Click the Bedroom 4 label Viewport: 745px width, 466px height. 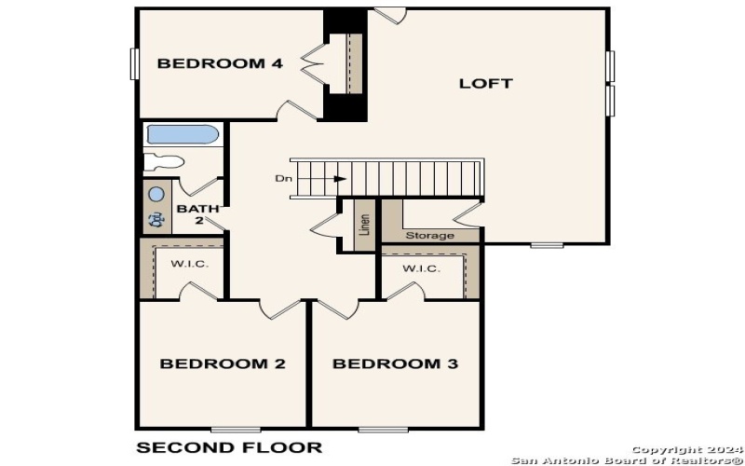pyautogui.click(x=220, y=63)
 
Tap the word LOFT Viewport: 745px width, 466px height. pyautogui.click(x=485, y=83)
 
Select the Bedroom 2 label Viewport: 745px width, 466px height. pyautogui.click(x=223, y=363)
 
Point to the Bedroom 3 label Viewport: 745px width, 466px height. pyautogui.click(x=395, y=363)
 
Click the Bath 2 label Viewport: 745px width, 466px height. pyautogui.click(x=196, y=214)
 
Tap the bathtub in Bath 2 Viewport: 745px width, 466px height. pyautogui.click(x=183, y=135)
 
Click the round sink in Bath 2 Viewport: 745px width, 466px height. pyautogui.click(x=156, y=194)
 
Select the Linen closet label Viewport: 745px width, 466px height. pyautogui.click(x=364, y=226)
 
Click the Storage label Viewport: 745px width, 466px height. pyautogui.click(x=429, y=236)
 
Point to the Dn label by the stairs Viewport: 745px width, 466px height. pyautogui.click(x=282, y=178)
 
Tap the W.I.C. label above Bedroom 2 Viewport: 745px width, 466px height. pyautogui.click(x=189, y=264)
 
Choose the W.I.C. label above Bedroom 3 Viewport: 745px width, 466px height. pyautogui.click(x=421, y=268)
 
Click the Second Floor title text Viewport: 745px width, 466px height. pyautogui.click(x=229, y=447)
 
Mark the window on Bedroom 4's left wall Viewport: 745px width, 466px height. pyautogui.click(x=134, y=63)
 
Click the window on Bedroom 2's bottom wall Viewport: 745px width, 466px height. pyautogui.click(x=235, y=429)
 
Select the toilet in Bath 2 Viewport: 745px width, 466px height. pyautogui.click(x=164, y=160)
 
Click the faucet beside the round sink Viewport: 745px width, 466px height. pyautogui.click(x=156, y=221)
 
